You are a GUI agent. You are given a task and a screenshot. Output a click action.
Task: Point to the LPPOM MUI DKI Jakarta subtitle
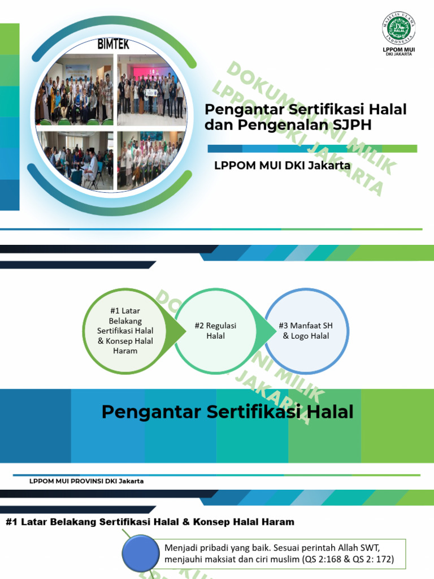282,166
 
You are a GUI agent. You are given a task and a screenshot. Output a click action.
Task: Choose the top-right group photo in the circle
151,90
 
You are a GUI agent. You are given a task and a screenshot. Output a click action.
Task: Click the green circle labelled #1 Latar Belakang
125,331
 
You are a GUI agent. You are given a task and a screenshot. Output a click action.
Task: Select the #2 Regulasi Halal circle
215,331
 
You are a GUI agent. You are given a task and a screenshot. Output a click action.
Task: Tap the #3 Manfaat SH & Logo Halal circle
306,331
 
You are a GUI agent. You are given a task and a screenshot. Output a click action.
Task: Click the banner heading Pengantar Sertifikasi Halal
227,412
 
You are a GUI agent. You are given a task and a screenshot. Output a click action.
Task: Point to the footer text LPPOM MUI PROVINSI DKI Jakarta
86,481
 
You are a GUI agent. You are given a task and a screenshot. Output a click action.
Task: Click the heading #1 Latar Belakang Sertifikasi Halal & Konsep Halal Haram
150,522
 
